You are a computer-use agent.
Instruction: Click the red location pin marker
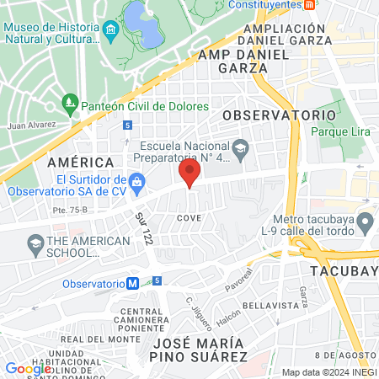click(189, 174)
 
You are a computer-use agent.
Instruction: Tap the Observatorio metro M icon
click(133, 283)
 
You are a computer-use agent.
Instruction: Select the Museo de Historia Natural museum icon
click(111, 32)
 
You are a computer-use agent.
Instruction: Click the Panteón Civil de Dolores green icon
click(71, 107)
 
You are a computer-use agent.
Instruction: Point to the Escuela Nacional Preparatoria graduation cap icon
click(240, 147)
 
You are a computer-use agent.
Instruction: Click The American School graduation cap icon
click(35, 245)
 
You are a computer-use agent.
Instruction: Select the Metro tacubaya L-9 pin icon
click(365, 223)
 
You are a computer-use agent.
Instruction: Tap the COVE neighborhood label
click(188, 217)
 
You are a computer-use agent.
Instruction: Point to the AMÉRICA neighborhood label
click(80, 162)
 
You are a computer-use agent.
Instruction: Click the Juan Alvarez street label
click(31, 125)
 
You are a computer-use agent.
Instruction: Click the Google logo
click(28, 367)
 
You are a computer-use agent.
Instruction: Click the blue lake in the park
click(141, 23)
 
